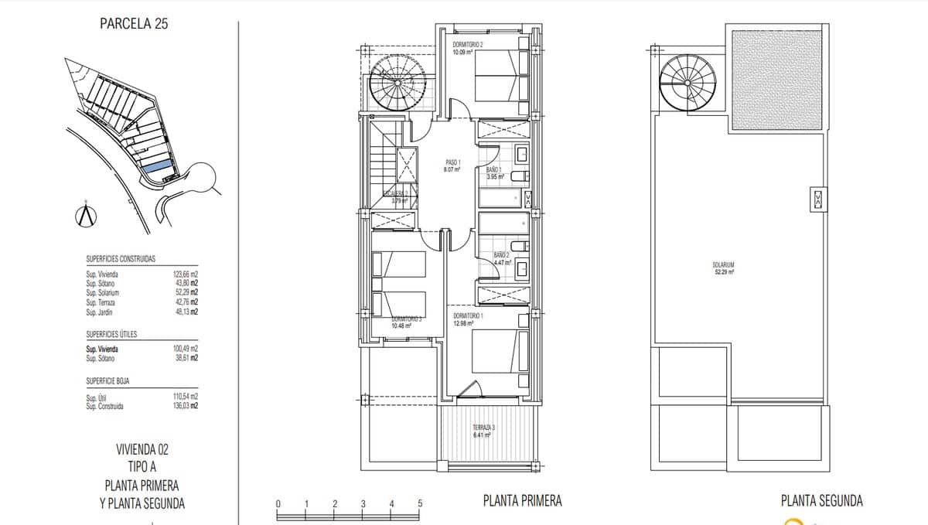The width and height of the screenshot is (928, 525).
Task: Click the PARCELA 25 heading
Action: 134,23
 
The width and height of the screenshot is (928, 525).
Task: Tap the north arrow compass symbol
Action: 87,216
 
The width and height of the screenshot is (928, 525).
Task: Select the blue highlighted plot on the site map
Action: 157,166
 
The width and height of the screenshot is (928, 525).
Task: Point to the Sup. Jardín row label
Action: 101,312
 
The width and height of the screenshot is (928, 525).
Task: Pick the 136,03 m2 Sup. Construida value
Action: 185,406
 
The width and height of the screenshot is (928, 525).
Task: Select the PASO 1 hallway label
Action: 452,165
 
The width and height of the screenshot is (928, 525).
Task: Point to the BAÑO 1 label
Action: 494,172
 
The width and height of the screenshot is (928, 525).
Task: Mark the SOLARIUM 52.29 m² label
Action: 723,268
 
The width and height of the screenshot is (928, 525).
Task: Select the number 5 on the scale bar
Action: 420,503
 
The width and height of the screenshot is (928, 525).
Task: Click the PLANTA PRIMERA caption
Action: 522,501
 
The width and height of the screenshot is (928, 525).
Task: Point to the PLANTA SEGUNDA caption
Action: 821,501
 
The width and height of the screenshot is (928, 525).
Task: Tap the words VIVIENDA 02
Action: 142,449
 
